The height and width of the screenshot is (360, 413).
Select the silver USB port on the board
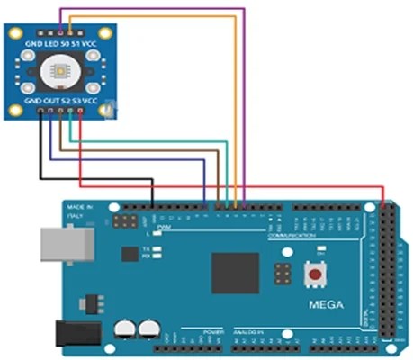point(67,244)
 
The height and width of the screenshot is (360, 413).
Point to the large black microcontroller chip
point(235,273)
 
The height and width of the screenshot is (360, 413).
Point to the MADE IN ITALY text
point(79,212)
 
